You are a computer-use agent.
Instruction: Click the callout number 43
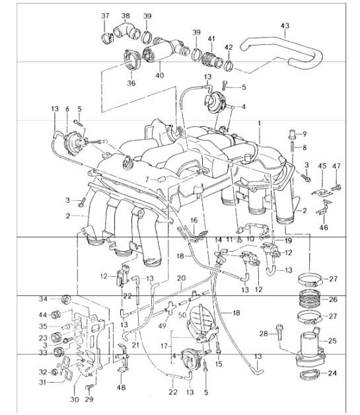pos(284,26)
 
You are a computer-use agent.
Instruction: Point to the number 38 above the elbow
pos(126,15)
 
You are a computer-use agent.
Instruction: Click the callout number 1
pos(260,123)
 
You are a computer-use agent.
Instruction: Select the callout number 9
pos(304,134)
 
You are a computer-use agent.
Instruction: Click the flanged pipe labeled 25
pos(308,344)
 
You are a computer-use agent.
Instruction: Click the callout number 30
pos(74,400)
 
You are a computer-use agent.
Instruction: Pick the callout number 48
pos(120,388)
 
